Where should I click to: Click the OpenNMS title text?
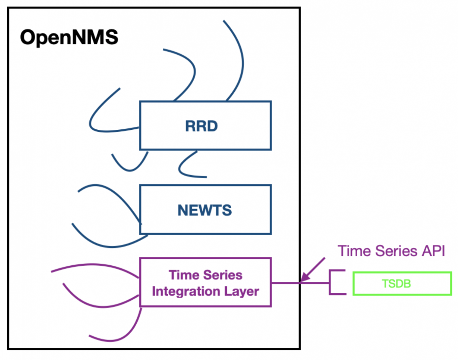(x=69, y=38)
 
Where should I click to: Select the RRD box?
(x=205, y=115)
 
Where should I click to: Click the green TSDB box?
(x=402, y=284)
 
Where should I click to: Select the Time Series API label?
(x=391, y=251)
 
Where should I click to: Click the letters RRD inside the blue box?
(x=201, y=126)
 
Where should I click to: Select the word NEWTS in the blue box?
(x=205, y=210)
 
